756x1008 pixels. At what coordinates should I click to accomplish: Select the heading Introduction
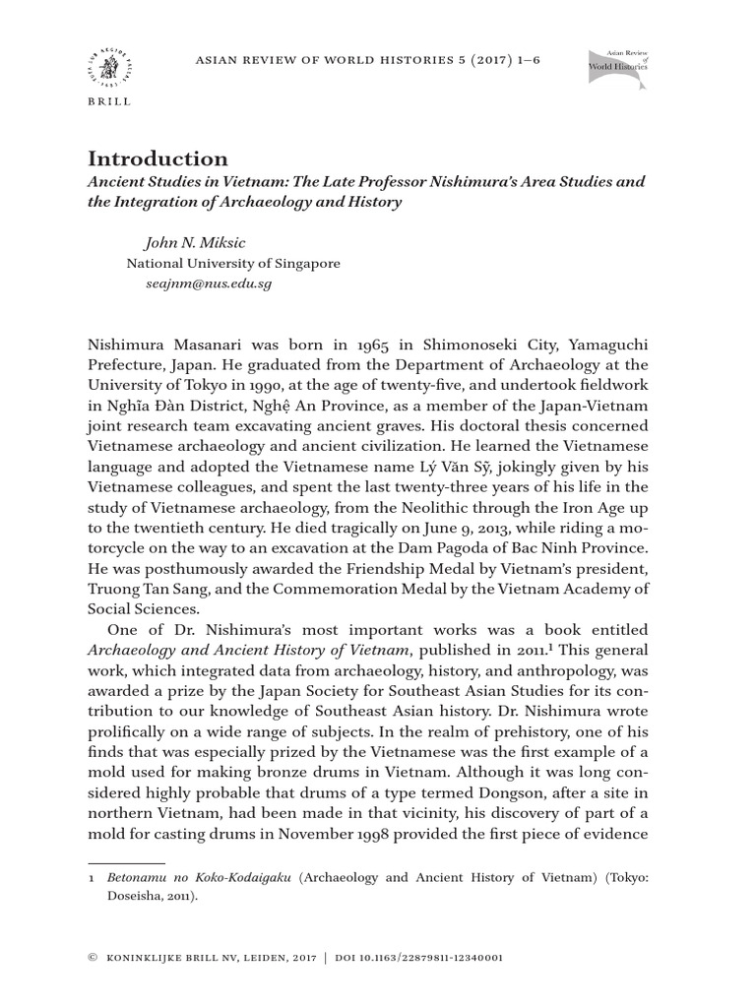pos(157,158)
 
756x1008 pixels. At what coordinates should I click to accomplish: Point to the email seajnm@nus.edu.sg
pos(208,283)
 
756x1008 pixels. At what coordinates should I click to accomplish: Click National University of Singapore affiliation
pos(233,263)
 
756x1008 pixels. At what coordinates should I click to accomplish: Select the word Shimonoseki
pos(461,346)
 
